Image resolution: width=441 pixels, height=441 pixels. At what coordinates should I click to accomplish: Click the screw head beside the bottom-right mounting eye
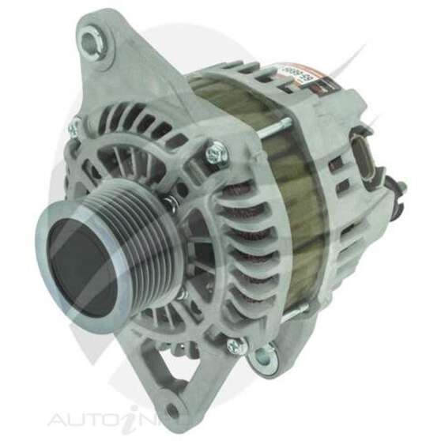pyautogui.click(x=234, y=345)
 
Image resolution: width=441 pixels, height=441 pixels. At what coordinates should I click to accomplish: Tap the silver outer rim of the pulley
pyautogui.click(x=47, y=237)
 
